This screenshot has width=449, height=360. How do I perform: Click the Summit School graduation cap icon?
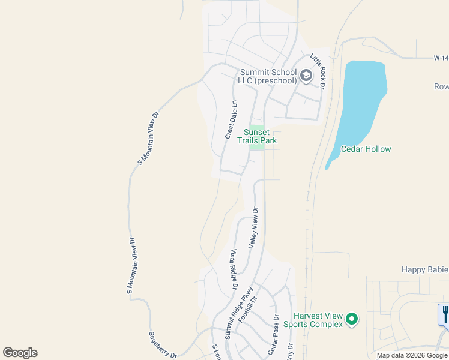tap(306, 76)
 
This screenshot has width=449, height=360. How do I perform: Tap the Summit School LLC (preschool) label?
tap(268, 77)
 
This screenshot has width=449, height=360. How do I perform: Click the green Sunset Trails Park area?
tap(257, 145)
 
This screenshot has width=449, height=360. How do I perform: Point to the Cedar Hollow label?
tap(366, 149)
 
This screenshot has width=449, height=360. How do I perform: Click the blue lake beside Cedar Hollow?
tap(360, 102)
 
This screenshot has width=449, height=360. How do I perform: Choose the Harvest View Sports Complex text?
tap(318, 320)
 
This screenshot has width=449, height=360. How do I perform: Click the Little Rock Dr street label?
tap(318, 71)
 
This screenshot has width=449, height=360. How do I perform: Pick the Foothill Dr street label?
tap(247, 310)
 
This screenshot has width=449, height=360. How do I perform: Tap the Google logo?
tap(20, 353)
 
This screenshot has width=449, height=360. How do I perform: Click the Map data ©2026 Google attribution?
tap(412, 355)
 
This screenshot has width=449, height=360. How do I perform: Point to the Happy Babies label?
tap(424, 270)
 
